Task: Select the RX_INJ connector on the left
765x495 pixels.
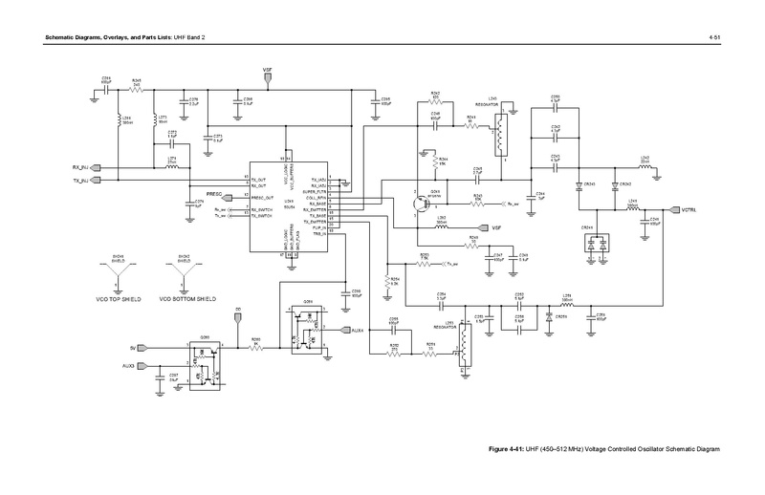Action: pyautogui.click(x=97, y=166)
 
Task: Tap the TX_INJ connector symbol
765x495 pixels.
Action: pyautogui.click(x=97, y=180)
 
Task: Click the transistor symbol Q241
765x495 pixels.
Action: pyautogui.click(x=415, y=203)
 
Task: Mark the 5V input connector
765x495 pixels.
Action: pyautogui.click(x=142, y=348)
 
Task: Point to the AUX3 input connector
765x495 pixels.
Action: pyautogui.click(x=142, y=365)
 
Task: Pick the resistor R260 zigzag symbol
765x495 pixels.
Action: pyautogui.click(x=255, y=348)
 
